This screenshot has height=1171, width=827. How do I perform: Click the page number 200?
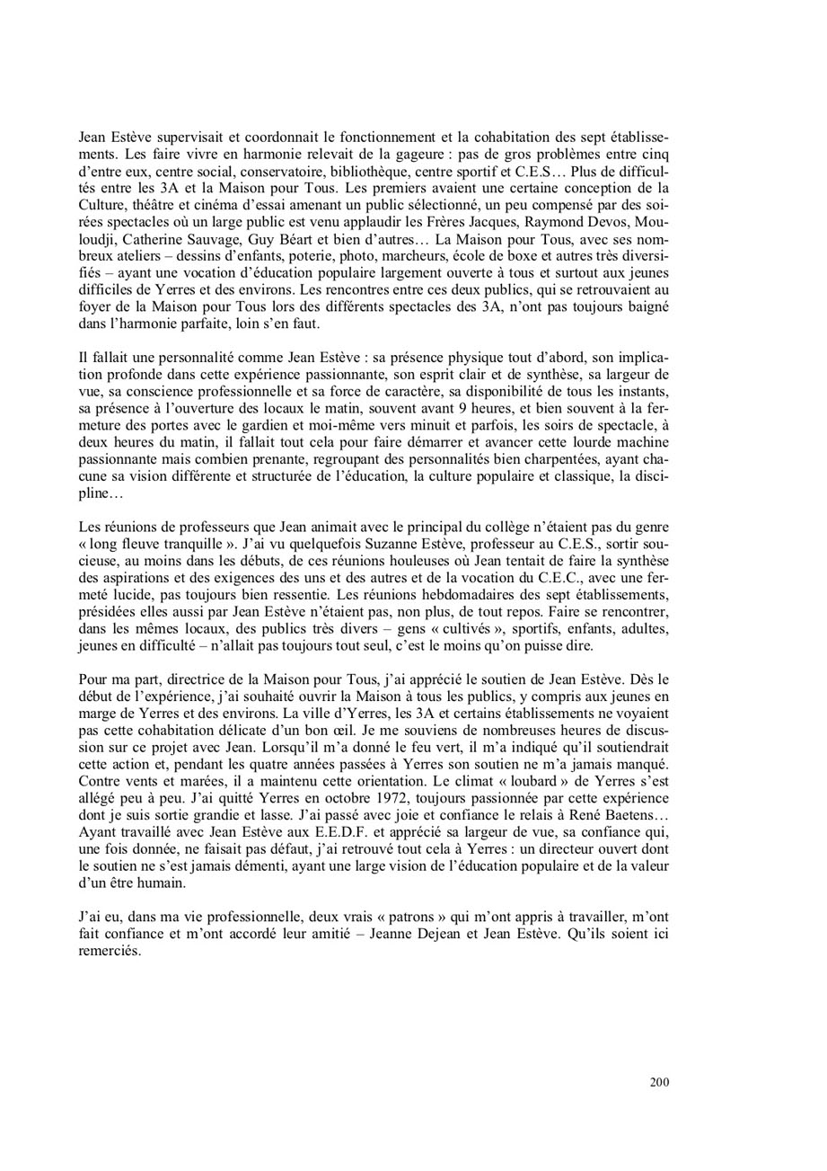pos(659,1082)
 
